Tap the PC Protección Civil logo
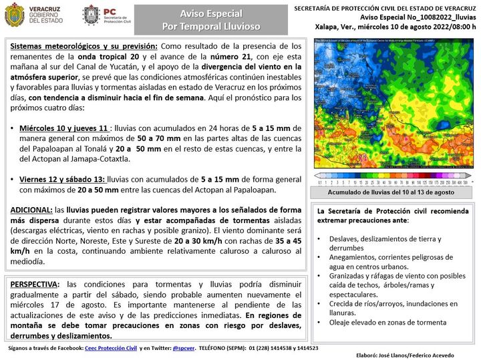(x=90, y=15)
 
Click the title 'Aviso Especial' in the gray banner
(x=211, y=13)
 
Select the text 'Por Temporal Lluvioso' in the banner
(x=211, y=26)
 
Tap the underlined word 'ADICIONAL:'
(x=31, y=210)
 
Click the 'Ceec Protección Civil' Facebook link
(x=110, y=348)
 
